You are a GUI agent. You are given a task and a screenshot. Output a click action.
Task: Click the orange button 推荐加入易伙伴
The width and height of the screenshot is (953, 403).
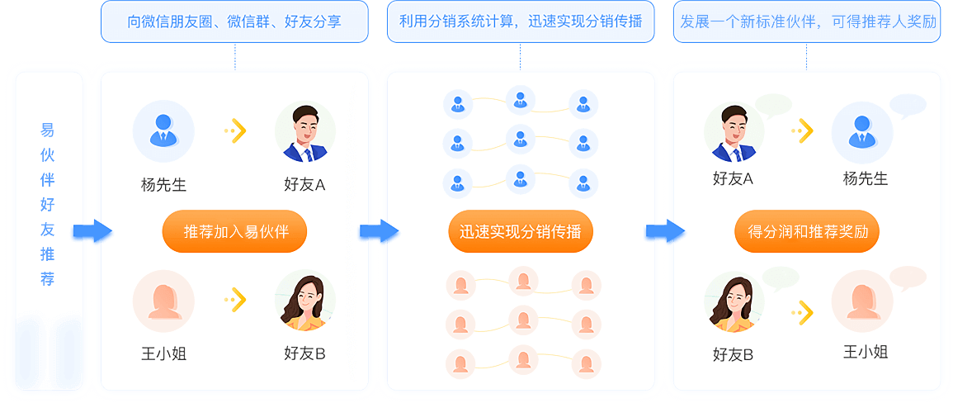(x=234, y=231)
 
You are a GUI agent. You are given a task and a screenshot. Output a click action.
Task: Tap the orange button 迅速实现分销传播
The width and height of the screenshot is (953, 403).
(x=521, y=231)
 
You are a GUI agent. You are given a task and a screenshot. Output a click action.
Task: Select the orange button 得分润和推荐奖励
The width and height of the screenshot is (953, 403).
(x=807, y=231)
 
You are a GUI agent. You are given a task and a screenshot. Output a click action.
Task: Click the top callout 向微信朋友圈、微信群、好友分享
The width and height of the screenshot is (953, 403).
(x=234, y=21)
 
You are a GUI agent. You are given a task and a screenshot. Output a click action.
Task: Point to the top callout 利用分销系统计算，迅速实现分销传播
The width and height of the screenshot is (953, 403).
(x=521, y=21)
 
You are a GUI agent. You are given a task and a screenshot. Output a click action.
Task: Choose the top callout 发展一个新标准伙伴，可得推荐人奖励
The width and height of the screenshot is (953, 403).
(x=807, y=21)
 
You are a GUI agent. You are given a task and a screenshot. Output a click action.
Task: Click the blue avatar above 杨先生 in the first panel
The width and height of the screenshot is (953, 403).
(x=163, y=131)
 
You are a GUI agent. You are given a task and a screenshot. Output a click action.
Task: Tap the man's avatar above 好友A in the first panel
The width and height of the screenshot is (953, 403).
(x=304, y=131)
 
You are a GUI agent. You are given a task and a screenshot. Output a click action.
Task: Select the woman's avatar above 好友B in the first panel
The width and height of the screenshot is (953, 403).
(x=304, y=301)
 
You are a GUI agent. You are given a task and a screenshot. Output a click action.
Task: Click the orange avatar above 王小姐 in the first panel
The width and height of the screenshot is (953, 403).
(x=163, y=301)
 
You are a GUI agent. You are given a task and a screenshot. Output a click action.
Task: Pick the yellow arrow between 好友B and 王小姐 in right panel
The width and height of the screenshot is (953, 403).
(x=802, y=312)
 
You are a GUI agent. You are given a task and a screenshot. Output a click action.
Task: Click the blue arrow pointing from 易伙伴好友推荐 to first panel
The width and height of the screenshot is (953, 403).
(x=92, y=231)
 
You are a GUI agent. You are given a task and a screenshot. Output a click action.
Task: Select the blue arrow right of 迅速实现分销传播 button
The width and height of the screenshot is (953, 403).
(x=665, y=231)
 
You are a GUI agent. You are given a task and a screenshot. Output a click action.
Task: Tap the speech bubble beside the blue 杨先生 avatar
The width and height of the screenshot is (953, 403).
(x=908, y=106)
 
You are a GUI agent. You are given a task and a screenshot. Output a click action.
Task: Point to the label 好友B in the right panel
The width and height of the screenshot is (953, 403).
(x=734, y=355)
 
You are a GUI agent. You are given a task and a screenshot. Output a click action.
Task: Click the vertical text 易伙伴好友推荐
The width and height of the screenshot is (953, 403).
(x=48, y=205)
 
